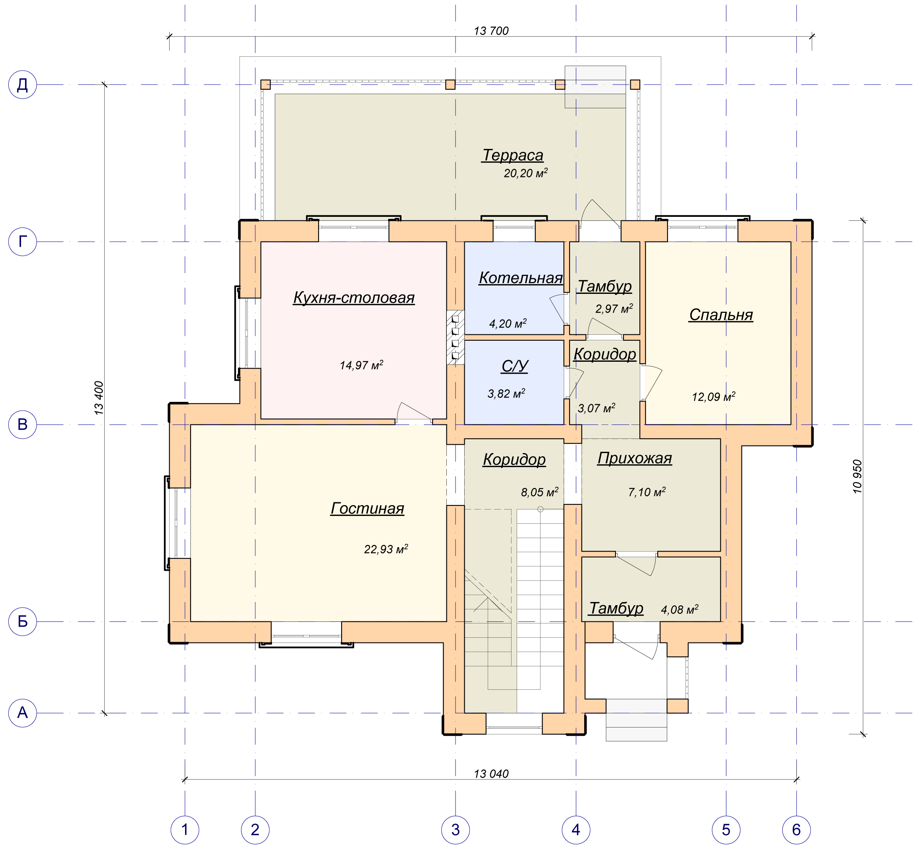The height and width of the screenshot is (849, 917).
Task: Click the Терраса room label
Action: point(513,155)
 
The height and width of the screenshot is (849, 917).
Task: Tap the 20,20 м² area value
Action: point(525,173)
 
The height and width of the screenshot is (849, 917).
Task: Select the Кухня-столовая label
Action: point(354,298)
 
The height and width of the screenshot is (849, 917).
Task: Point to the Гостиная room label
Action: point(367,508)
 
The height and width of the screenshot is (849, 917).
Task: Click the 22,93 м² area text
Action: point(386,549)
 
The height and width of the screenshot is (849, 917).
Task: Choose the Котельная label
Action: point(521,278)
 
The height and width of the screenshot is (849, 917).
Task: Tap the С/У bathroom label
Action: point(515,366)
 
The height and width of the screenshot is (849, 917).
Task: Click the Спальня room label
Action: point(721,315)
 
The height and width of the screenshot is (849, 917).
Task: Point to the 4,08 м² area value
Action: point(680,610)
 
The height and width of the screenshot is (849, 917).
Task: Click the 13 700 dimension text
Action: point(491,31)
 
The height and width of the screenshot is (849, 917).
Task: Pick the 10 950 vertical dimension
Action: point(857,477)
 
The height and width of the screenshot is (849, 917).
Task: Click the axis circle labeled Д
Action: point(23,85)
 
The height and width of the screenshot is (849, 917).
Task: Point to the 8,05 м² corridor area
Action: point(539,492)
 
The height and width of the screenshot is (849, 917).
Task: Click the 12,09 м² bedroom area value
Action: point(714,396)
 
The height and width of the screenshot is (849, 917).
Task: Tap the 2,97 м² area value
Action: point(614,309)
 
